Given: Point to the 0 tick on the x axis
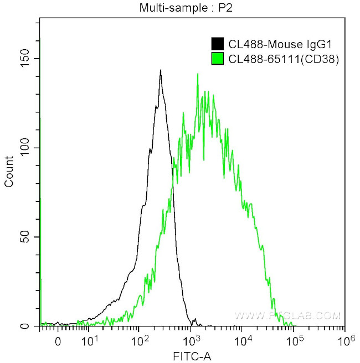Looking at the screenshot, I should [x=58, y=341].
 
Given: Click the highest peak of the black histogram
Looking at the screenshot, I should [x=160, y=70].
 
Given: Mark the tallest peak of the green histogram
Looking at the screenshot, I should [x=197, y=74].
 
